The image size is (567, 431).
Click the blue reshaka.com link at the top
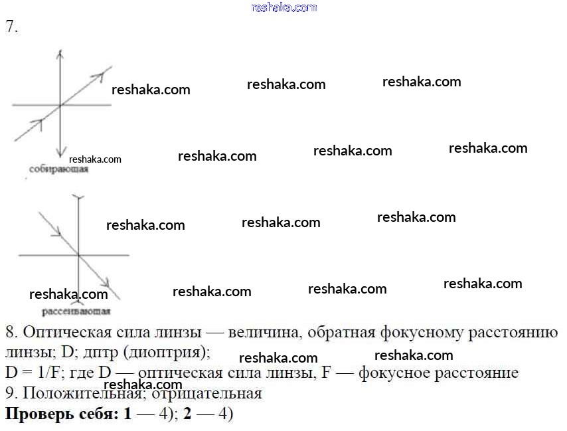284,7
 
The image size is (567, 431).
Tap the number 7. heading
11,27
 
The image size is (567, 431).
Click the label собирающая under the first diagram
58,170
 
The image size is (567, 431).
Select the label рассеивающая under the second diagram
76,311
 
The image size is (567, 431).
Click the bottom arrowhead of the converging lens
60,153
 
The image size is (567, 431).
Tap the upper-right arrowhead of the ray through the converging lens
108,68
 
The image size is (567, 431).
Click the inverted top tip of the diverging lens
78,197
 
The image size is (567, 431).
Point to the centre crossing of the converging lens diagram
60,105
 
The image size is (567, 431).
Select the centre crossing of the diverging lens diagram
78,255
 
